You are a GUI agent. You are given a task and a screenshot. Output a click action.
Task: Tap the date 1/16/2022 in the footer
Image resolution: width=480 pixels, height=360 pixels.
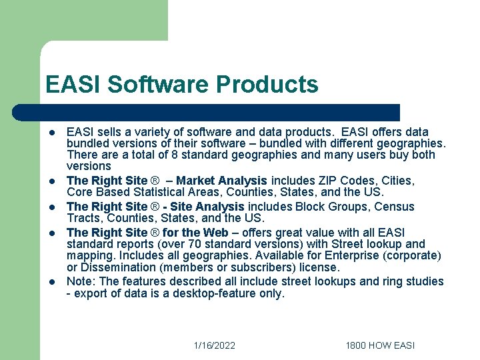tap(214, 345)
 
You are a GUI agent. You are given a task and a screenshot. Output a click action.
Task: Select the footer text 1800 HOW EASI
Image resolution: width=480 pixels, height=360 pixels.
tap(380, 345)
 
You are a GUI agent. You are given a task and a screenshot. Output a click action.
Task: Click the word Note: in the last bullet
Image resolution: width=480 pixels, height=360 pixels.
tap(81, 281)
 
